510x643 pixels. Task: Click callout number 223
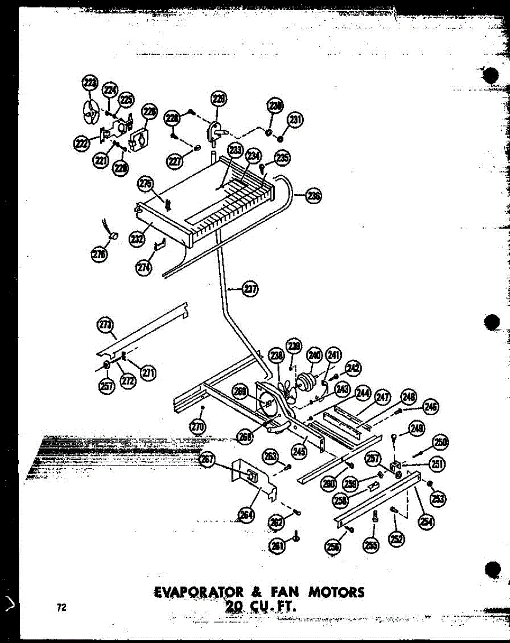coord(89,83)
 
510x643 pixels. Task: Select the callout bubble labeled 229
coord(219,98)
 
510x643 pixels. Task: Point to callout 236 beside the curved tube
coord(313,196)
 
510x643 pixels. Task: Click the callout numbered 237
coord(249,289)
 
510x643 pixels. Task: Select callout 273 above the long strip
coord(106,325)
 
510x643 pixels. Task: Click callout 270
coord(198,427)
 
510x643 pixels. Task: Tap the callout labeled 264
coord(247,515)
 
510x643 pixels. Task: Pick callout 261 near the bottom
coord(277,545)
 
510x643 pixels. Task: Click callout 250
coord(440,443)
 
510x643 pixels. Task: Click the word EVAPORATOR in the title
coord(194,592)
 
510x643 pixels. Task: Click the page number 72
coord(62,607)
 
